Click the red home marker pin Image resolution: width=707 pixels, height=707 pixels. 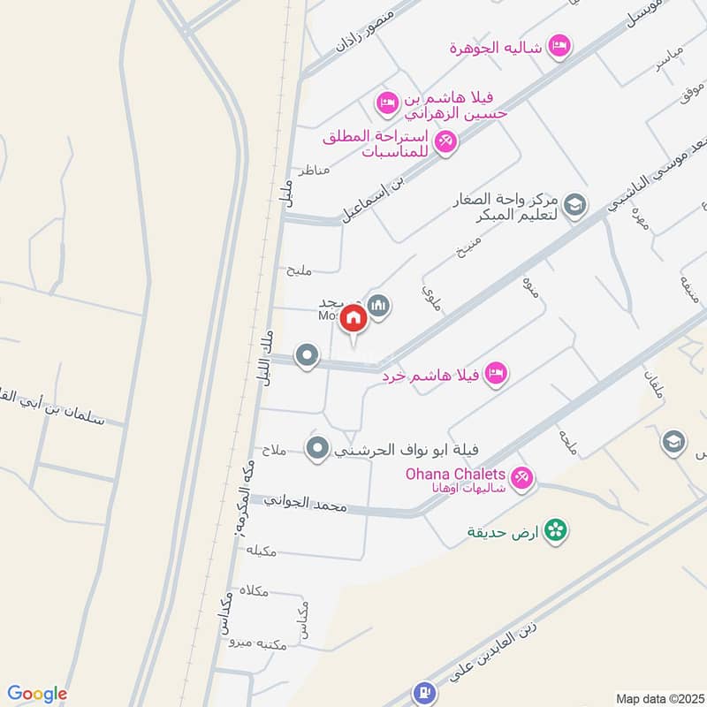pos(353,318)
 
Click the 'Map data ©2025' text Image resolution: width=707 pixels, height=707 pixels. pos(660,697)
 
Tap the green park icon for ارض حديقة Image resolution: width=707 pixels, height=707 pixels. pos(556,530)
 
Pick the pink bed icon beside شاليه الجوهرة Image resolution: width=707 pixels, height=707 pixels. pos(558,44)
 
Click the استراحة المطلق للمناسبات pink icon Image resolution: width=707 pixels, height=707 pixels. pos(445,140)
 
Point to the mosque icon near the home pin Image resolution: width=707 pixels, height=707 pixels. pos(379,306)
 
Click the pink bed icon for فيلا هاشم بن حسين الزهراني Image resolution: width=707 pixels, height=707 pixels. pos(386,104)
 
